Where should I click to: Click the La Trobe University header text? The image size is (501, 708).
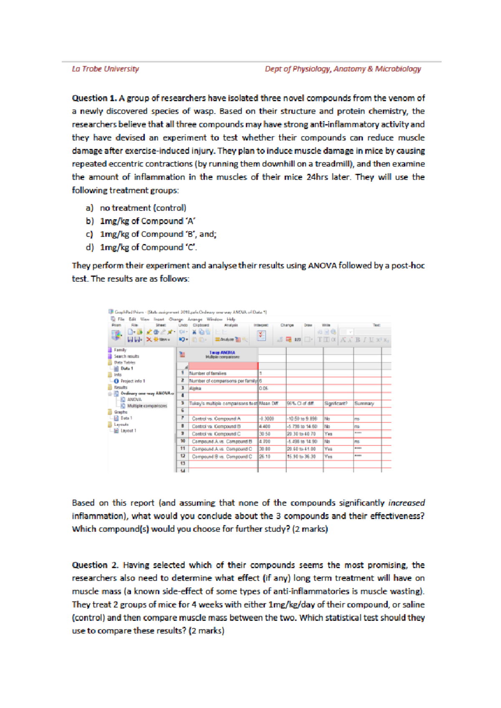coord(105,69)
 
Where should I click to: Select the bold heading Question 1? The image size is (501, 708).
coord(94,98)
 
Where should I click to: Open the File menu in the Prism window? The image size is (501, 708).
coord(121,319)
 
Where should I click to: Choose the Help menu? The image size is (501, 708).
coord(231,319)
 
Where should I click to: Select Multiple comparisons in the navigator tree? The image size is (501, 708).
coord(147,406)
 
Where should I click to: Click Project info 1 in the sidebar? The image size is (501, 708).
coord(133,381)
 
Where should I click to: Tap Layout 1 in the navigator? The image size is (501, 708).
coord(128,430)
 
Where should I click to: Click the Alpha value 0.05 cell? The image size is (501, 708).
coord(263,388)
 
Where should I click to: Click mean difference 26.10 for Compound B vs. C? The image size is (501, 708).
coord(265,456)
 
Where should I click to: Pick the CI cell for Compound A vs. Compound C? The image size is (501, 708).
coord(301,449)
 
